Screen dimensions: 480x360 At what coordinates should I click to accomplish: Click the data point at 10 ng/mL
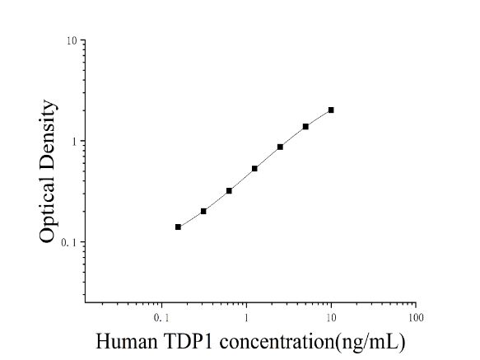tap(331, 110)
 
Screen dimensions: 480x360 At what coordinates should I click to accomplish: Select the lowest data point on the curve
tap(178, 227)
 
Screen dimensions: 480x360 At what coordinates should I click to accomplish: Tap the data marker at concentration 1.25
tap(254, 169)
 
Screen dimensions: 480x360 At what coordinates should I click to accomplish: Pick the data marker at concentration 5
tap(305, 127)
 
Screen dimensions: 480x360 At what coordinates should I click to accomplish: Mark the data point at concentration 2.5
tap(280, 147)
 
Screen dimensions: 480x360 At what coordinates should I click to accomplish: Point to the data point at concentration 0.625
tap(229, 191)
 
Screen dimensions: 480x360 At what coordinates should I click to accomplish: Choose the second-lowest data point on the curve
tap(203, 211)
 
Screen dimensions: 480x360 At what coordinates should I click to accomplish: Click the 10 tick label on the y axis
tap(72, 40)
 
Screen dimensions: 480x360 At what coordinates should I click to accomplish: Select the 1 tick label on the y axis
tap(74, 142)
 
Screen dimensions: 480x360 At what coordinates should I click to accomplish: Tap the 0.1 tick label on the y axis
tap(69, 243)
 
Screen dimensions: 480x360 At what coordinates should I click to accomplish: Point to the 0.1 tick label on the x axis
tap(161, 318)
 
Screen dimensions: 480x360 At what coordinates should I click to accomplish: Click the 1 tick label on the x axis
tap(246, 318)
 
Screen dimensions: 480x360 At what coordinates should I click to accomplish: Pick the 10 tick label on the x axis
tap(331, 318)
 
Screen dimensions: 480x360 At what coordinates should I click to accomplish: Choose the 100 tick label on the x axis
tap(416, 318)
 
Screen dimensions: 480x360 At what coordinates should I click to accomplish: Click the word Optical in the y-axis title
tap(48, 210)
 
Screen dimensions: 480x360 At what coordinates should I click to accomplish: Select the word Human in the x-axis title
tap(127, 341)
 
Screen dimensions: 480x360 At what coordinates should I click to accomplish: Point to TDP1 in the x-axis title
tap(189, 341)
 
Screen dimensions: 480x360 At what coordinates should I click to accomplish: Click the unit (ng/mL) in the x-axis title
tap(370, 342)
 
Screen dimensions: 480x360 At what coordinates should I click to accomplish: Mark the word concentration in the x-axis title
tap(277, 341)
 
